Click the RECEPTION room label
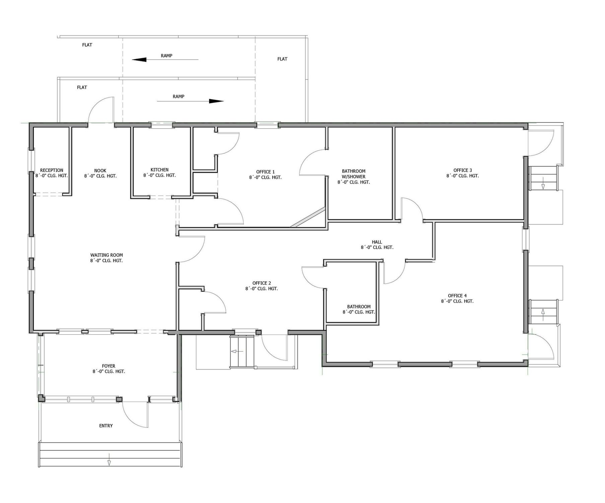[x=52, y=170]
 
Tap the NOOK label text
[x=100, y=171]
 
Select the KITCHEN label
[x=159, y=170]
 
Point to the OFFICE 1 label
[x=265, y=172]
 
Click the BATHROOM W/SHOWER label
[x=354, y=174]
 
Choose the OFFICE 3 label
[x=463, y=170]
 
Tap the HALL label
[x=377, y=242]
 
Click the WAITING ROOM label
[x=107, y=255]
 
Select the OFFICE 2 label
[x=262, y=283]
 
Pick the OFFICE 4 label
[x=457, y=296]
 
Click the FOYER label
[x=109, y=366]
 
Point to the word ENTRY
[x=106, y=426]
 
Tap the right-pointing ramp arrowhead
[x=216, y=101]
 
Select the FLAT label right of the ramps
[x=282, y=59]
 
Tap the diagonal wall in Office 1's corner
[x=308, y=217]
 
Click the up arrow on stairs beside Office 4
[x=543, y=312]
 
